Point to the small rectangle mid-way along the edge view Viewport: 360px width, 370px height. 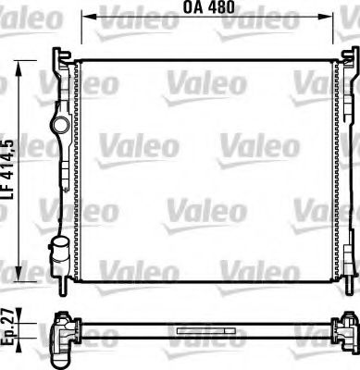point(198,327)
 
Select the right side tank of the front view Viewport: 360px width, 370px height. point(342,166)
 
